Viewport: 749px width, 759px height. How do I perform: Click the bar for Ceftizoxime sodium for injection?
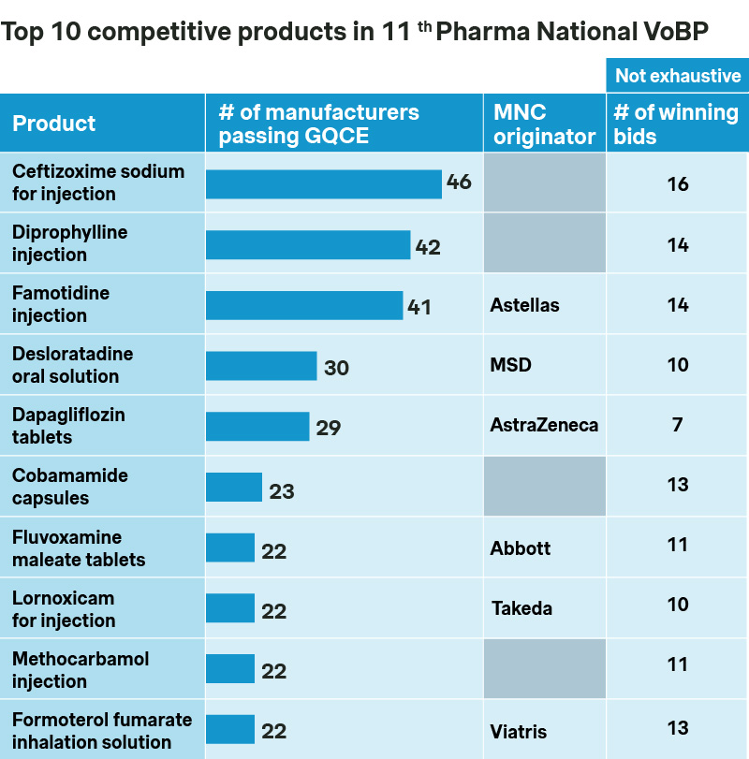click(323, 184)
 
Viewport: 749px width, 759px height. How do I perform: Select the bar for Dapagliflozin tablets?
click(257, 427)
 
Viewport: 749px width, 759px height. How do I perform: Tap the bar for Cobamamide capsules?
click(234, 488)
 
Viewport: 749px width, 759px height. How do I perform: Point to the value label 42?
click(428, 247)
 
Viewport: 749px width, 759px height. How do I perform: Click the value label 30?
click(336, 368)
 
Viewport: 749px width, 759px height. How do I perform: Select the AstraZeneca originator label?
click(544, 425)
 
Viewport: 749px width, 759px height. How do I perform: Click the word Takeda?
click(521, 608)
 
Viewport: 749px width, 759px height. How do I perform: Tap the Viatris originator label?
click(519, 731)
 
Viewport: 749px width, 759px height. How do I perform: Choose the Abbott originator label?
click(521, 548)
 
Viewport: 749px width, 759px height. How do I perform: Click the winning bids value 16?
click(678, 184)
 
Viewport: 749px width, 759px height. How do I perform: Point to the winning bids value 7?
click(677, 425)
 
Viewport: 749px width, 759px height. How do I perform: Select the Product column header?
click(54, 124)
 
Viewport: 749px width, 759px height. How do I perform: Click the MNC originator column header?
click(545, 124)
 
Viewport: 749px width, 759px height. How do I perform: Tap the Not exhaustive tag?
click(678, 76)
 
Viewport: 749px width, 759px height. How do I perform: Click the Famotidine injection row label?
click(61, 304)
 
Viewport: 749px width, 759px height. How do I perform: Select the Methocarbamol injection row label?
click(81, 670)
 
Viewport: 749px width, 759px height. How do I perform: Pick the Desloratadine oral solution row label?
click(72, 365)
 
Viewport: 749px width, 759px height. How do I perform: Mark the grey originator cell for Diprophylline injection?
click(545, 243)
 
